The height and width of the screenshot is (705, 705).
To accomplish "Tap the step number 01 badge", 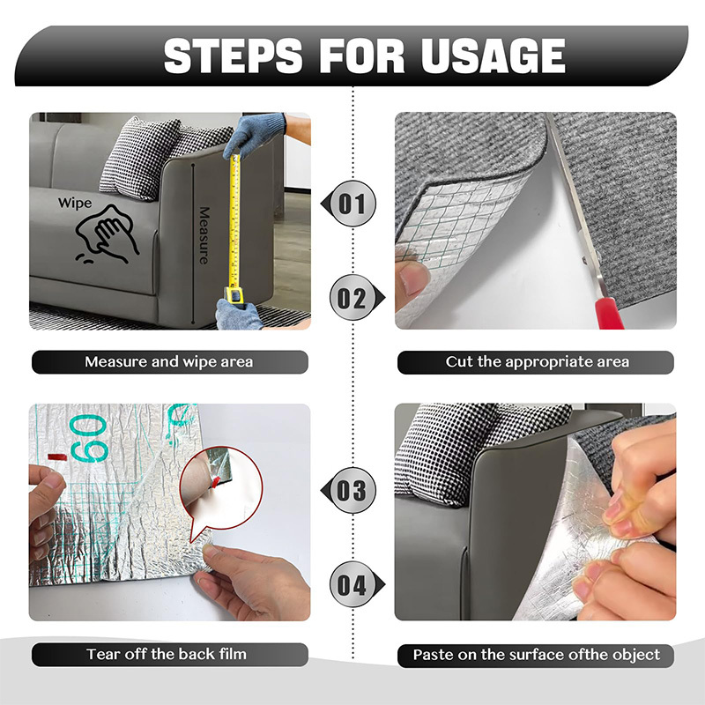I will (352, 204).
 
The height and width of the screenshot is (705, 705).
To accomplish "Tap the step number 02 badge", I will (352, 298).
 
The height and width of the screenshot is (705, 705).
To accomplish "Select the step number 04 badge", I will (352, 584).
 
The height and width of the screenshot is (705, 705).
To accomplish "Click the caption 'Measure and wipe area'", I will (169, 362).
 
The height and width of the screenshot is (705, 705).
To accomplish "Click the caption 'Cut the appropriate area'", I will (537, 362).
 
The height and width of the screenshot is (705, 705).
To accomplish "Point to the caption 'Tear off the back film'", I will (167, 654).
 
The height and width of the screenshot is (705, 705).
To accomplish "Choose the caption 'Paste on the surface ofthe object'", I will (537, 655).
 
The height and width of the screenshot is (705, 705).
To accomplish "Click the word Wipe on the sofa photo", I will (75, 204).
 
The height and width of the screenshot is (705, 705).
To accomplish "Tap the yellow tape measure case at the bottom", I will (232, 293).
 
